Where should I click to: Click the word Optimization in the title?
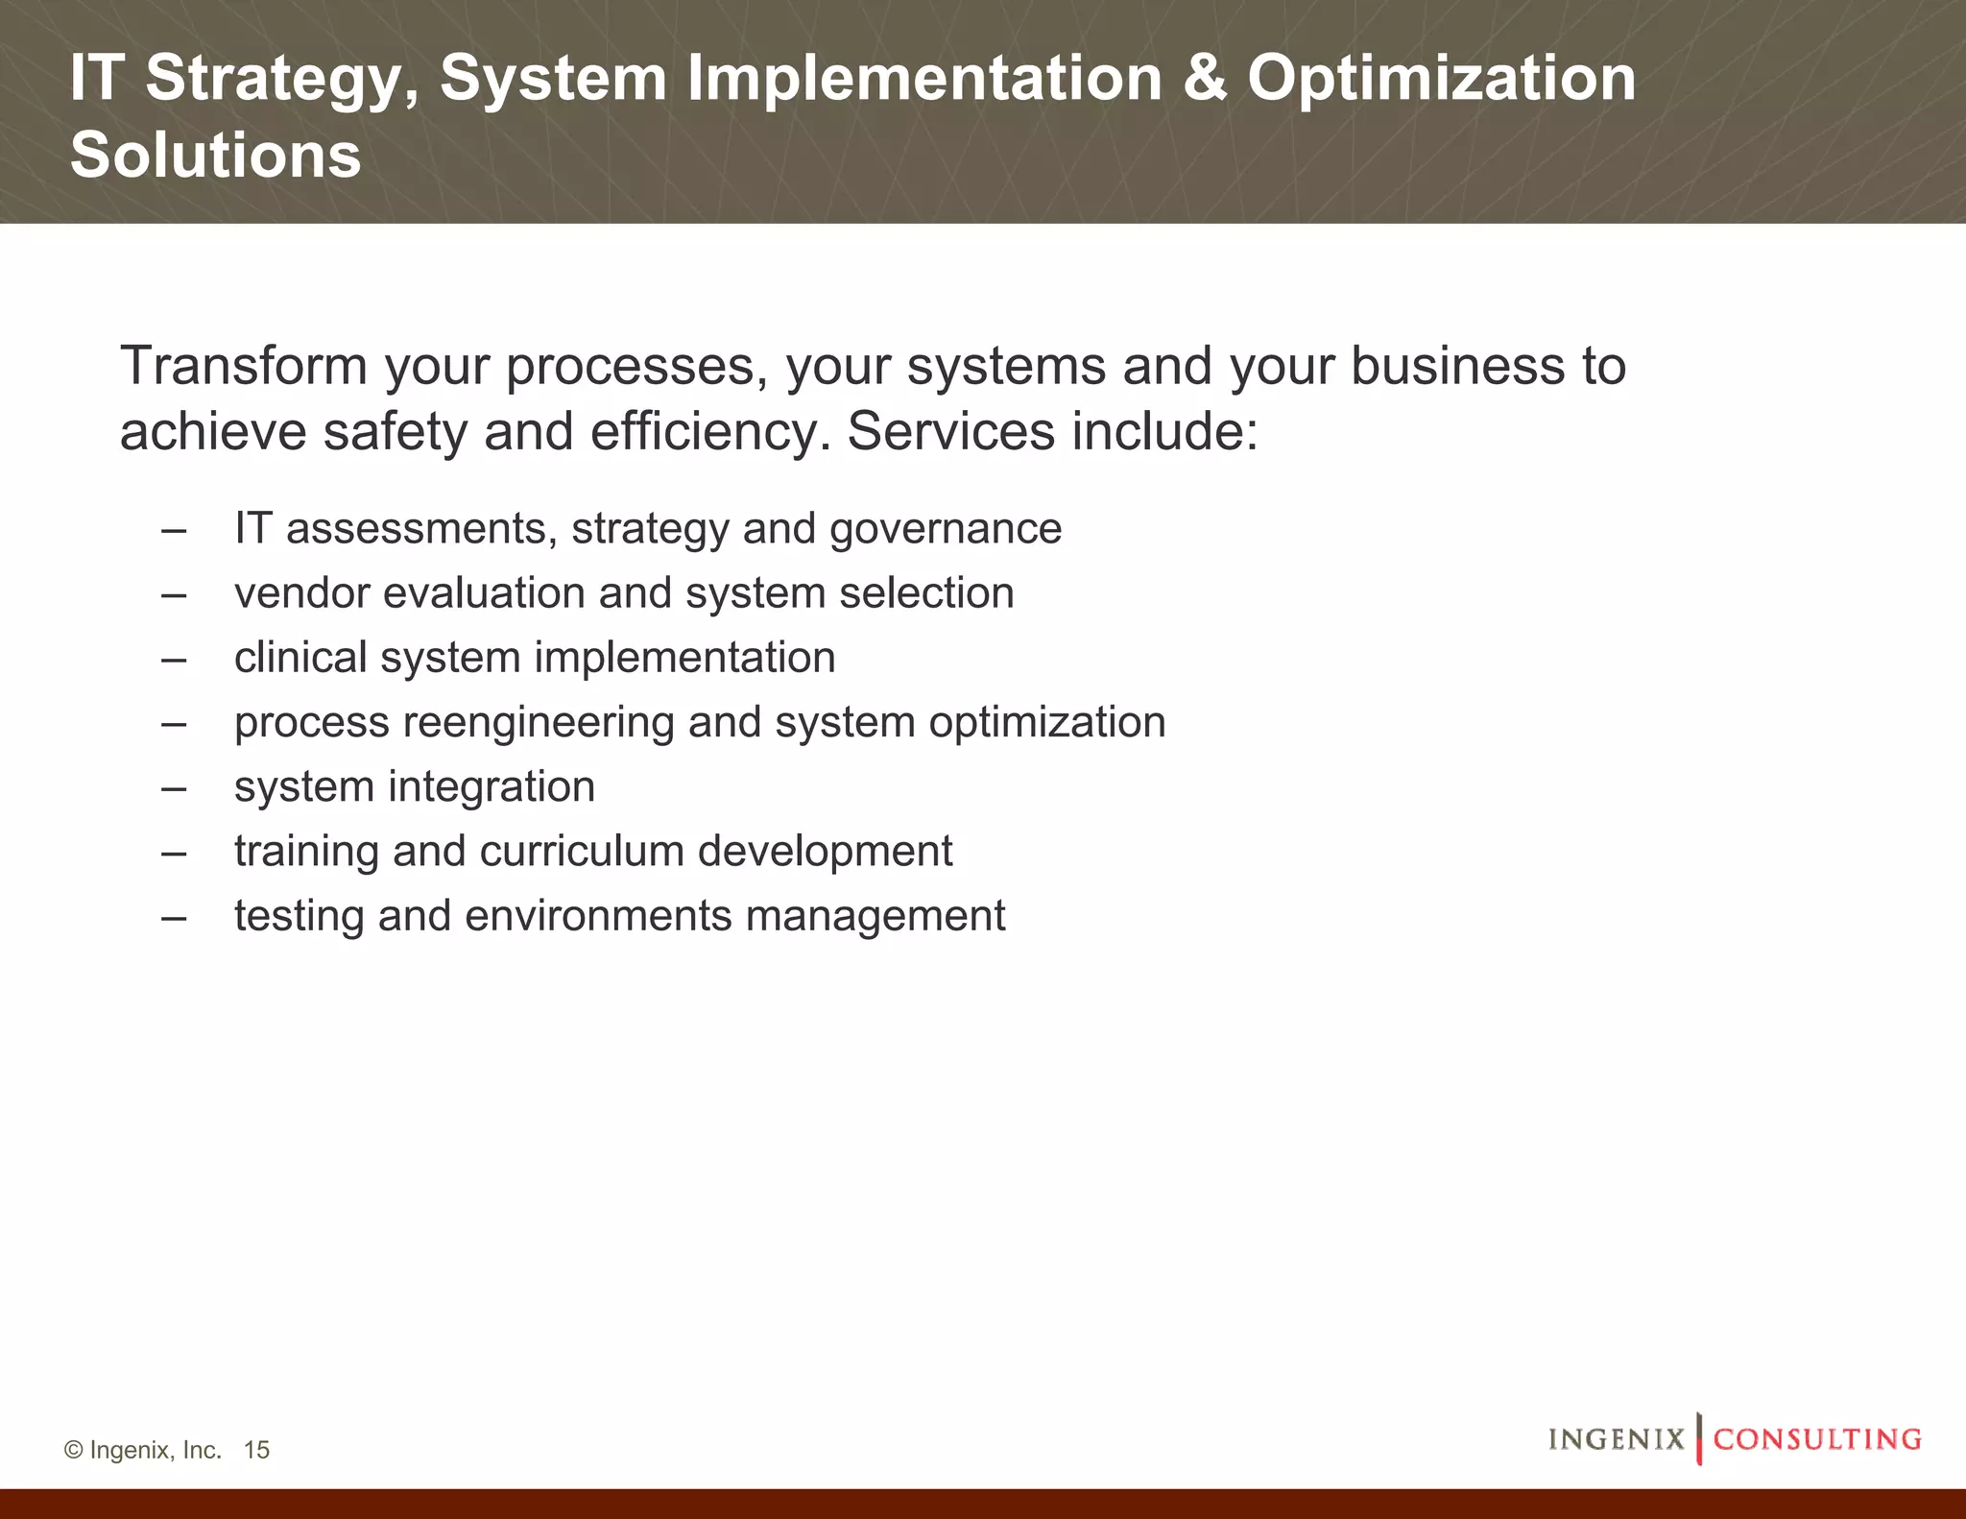coord(1441,79)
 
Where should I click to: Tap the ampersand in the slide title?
coord(1205,79)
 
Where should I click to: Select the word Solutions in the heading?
coord(215,156)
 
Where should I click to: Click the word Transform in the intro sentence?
coord(244,367)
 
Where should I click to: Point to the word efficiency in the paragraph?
coord(709,432)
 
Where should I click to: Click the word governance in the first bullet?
coord(946,530)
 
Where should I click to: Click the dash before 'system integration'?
coord(174,788)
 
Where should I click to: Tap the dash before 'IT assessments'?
coord(174,530)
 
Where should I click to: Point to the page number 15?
coord(256,1450)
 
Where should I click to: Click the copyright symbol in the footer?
coord(73,1450)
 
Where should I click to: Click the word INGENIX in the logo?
coord(1617,1439)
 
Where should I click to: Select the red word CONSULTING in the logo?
coord(1817,1439)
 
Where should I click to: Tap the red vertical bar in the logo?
coord(1699,1438)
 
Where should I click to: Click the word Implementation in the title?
coord(923,79)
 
